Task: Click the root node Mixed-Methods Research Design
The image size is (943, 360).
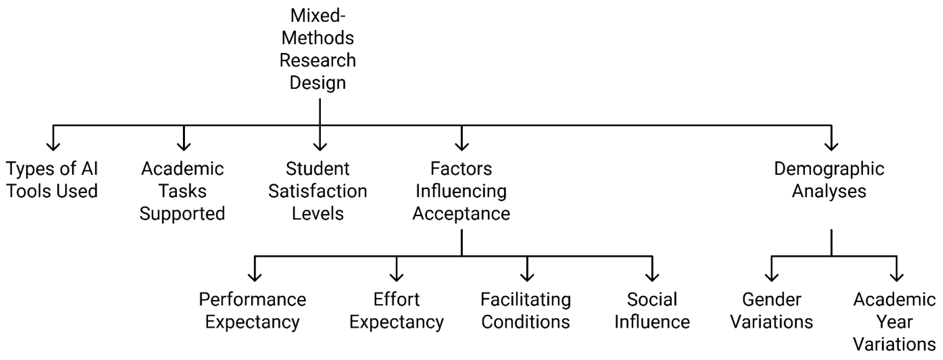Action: (x=318, y=49)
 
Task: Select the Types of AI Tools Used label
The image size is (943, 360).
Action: (x=52, y=180)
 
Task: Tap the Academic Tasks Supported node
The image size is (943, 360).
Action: (x=182, y=191)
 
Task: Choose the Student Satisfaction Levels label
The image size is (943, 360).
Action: (x=318, y=191)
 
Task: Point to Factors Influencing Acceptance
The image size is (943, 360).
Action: (x=461, y=191)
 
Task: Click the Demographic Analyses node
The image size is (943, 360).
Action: (x=829, y=180)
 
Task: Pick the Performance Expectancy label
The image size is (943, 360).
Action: (x=253, y=311)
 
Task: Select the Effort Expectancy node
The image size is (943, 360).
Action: (x=397, y=311)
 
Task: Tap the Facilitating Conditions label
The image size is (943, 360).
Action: (x=526, y=311)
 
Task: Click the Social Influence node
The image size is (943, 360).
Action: (x=652, y=311)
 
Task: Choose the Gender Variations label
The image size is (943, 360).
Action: (x=772, y=311)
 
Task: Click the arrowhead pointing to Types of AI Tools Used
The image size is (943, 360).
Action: (x=53, y=147)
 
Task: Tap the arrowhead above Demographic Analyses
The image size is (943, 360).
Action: (x=832, y=147)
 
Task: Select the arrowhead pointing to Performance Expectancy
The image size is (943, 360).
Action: (x=255, y=277)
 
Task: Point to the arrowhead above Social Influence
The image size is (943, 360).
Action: (x=652, y=277)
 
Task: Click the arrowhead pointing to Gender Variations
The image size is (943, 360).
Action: (x=772, y=277)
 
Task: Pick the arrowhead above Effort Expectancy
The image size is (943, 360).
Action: (x=397, y=277)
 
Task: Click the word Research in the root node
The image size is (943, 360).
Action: (x=318, y=60)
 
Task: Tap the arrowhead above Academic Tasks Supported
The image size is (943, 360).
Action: (x=184, y=147)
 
